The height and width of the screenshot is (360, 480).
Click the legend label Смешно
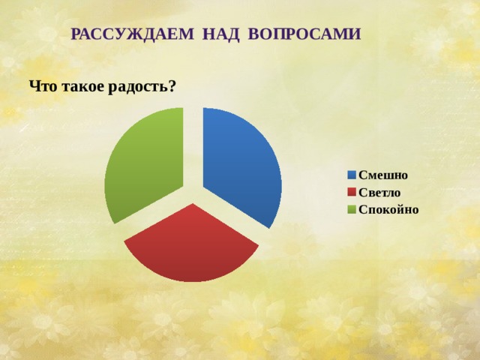click(x=383, y=175)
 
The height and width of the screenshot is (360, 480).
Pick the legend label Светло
click(x=379, y=193)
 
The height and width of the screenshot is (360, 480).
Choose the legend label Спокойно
click(x=388, y=209)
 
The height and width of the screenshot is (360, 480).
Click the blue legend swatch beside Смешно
click(x=351, y=175)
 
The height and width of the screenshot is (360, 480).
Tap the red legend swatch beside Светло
click(x=351, y=193)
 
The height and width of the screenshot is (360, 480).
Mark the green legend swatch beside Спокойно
click(x=351, y=209)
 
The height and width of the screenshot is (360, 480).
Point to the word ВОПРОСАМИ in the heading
click(x=303, y=34)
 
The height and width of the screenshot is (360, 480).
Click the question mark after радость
click(x=172, y=86)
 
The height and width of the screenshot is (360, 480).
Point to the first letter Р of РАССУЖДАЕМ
click(x=76, y=34)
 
